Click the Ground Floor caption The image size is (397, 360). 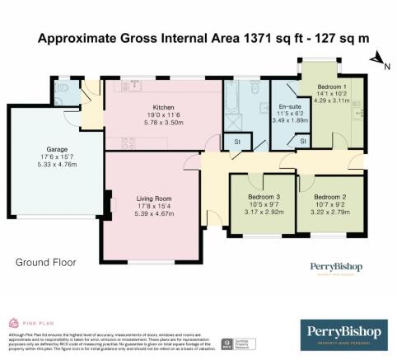coord(45,263)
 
